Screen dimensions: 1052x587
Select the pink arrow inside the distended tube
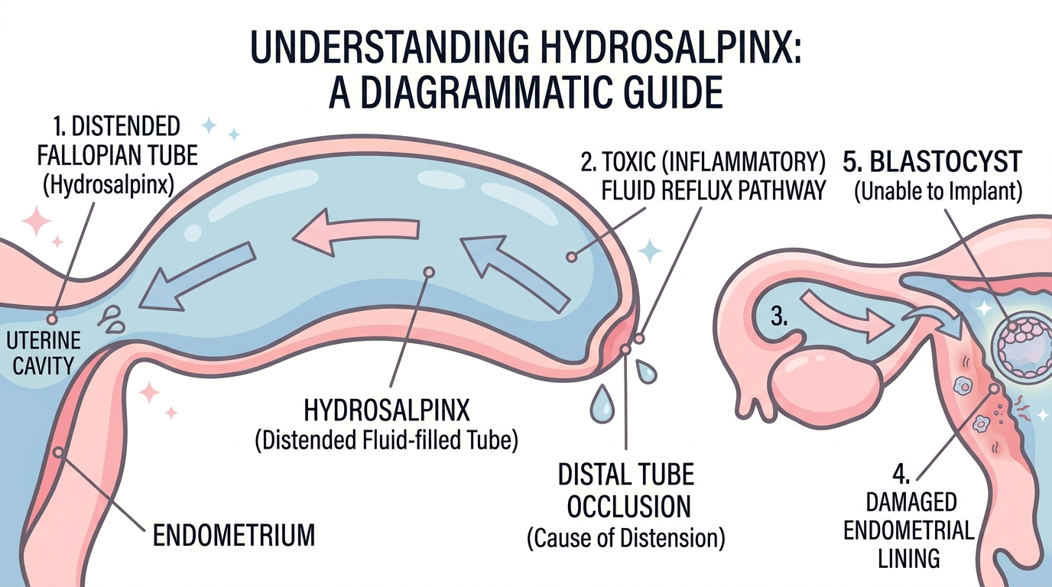[x=356, y=232]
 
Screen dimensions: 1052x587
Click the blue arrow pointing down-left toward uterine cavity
[x=197, y=275]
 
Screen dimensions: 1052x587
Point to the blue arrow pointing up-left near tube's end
[x=515, y=274]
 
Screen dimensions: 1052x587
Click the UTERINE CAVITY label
[x=44, y=353]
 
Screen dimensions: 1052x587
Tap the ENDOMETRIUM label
[x=234, y=535]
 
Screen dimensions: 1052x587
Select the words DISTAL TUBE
[x=626, y=475]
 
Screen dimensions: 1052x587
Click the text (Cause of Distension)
[x=626, y=538]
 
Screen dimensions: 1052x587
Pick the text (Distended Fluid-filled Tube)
[x=386, y=440]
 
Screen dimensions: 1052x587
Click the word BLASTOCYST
[x=946, y=162]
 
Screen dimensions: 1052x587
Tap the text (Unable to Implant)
[x=938, y=192]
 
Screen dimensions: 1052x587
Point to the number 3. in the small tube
[x=779, y=317]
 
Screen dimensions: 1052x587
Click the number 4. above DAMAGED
[x=901, y=475]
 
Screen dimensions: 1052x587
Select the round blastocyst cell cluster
[x=1020, y=348]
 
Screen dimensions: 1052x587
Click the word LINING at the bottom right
[x=909, y=559]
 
